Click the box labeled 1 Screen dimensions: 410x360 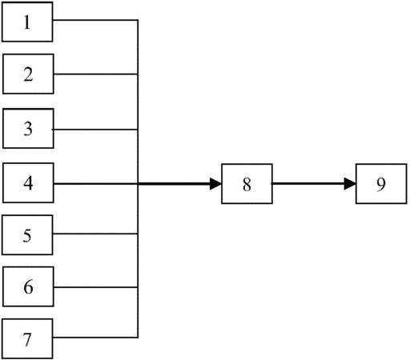click(x=27, y=22)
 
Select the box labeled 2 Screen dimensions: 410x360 click(x=28, y=74)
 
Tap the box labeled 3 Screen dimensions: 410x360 click(x=28, y=128)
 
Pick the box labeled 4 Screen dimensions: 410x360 click(x=28, y=182)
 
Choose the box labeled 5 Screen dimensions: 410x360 click(x=27, y=234)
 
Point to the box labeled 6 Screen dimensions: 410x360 click(x=28, y=286)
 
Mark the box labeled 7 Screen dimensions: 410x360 click(x=27, y=338)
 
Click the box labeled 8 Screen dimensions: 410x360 click(x=247, y=184)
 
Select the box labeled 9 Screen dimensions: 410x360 click(x=381, y=184)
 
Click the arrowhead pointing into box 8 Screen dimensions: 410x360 click(x=215, y=184)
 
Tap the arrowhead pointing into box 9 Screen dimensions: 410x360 click(x=350, y=184)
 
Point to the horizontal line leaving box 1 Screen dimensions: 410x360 click(x=95, y=20)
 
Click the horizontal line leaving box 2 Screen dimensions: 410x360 click(x=96, y=74)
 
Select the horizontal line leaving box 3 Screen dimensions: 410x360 click(x=94, y=130)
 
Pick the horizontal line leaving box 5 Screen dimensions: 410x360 click(x=94, y=234)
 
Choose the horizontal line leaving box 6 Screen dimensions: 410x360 click(x=96, y=287)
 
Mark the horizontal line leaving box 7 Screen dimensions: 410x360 click(x=94, y=338)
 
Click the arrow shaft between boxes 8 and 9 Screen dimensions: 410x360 click(x=308, y=184)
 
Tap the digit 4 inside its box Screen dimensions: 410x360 click(x=28, y=183)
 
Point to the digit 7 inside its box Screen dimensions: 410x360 click(x=27, y=339)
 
